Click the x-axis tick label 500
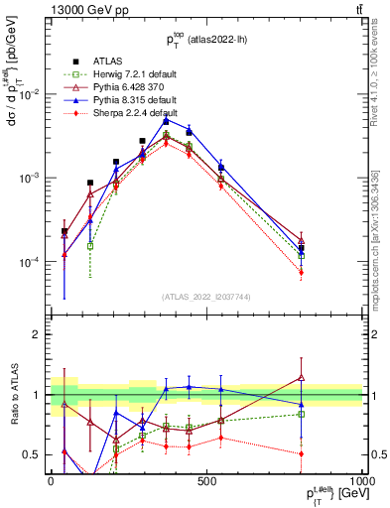206,480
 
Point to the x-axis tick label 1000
361,480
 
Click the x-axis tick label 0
50,480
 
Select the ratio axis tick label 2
38,334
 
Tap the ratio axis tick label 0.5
33,454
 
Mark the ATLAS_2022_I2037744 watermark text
206,296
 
